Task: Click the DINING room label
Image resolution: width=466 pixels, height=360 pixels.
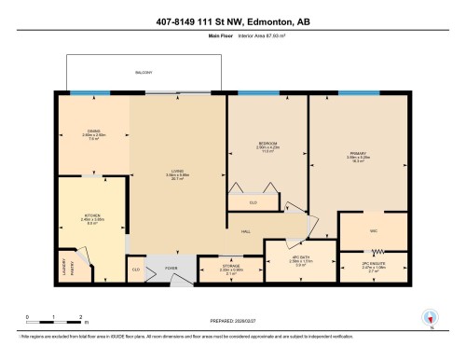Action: tap(94, 131)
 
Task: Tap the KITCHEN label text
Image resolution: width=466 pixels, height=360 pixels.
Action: tap(90, 215)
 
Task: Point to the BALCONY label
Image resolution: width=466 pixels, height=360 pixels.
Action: tap(144, 73)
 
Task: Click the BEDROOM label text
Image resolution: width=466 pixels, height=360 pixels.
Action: tap(268, 143)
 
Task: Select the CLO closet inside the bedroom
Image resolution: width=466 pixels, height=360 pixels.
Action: tap(254, 202)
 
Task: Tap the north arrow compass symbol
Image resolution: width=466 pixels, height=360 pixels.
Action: tap(430, 317)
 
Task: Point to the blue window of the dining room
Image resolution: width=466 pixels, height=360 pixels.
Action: tap(89, 92)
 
